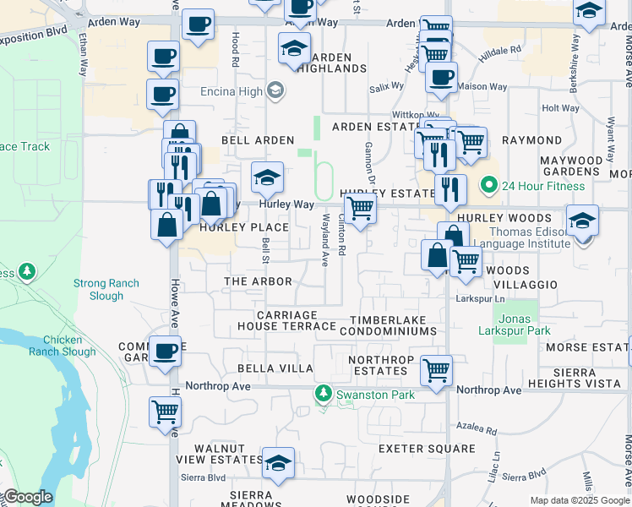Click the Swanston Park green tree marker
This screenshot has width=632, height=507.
323,394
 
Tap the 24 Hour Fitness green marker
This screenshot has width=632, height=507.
488,185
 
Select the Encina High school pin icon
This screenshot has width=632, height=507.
275,90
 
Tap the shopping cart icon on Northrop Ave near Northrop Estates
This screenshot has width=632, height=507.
436,369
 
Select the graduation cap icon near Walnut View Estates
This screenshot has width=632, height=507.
278,462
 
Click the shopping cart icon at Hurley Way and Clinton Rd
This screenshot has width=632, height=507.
361,207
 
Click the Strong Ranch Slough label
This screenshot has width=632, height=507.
110,290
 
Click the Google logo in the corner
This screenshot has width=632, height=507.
27,497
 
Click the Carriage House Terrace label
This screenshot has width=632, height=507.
275,320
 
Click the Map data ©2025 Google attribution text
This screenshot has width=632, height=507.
579,500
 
